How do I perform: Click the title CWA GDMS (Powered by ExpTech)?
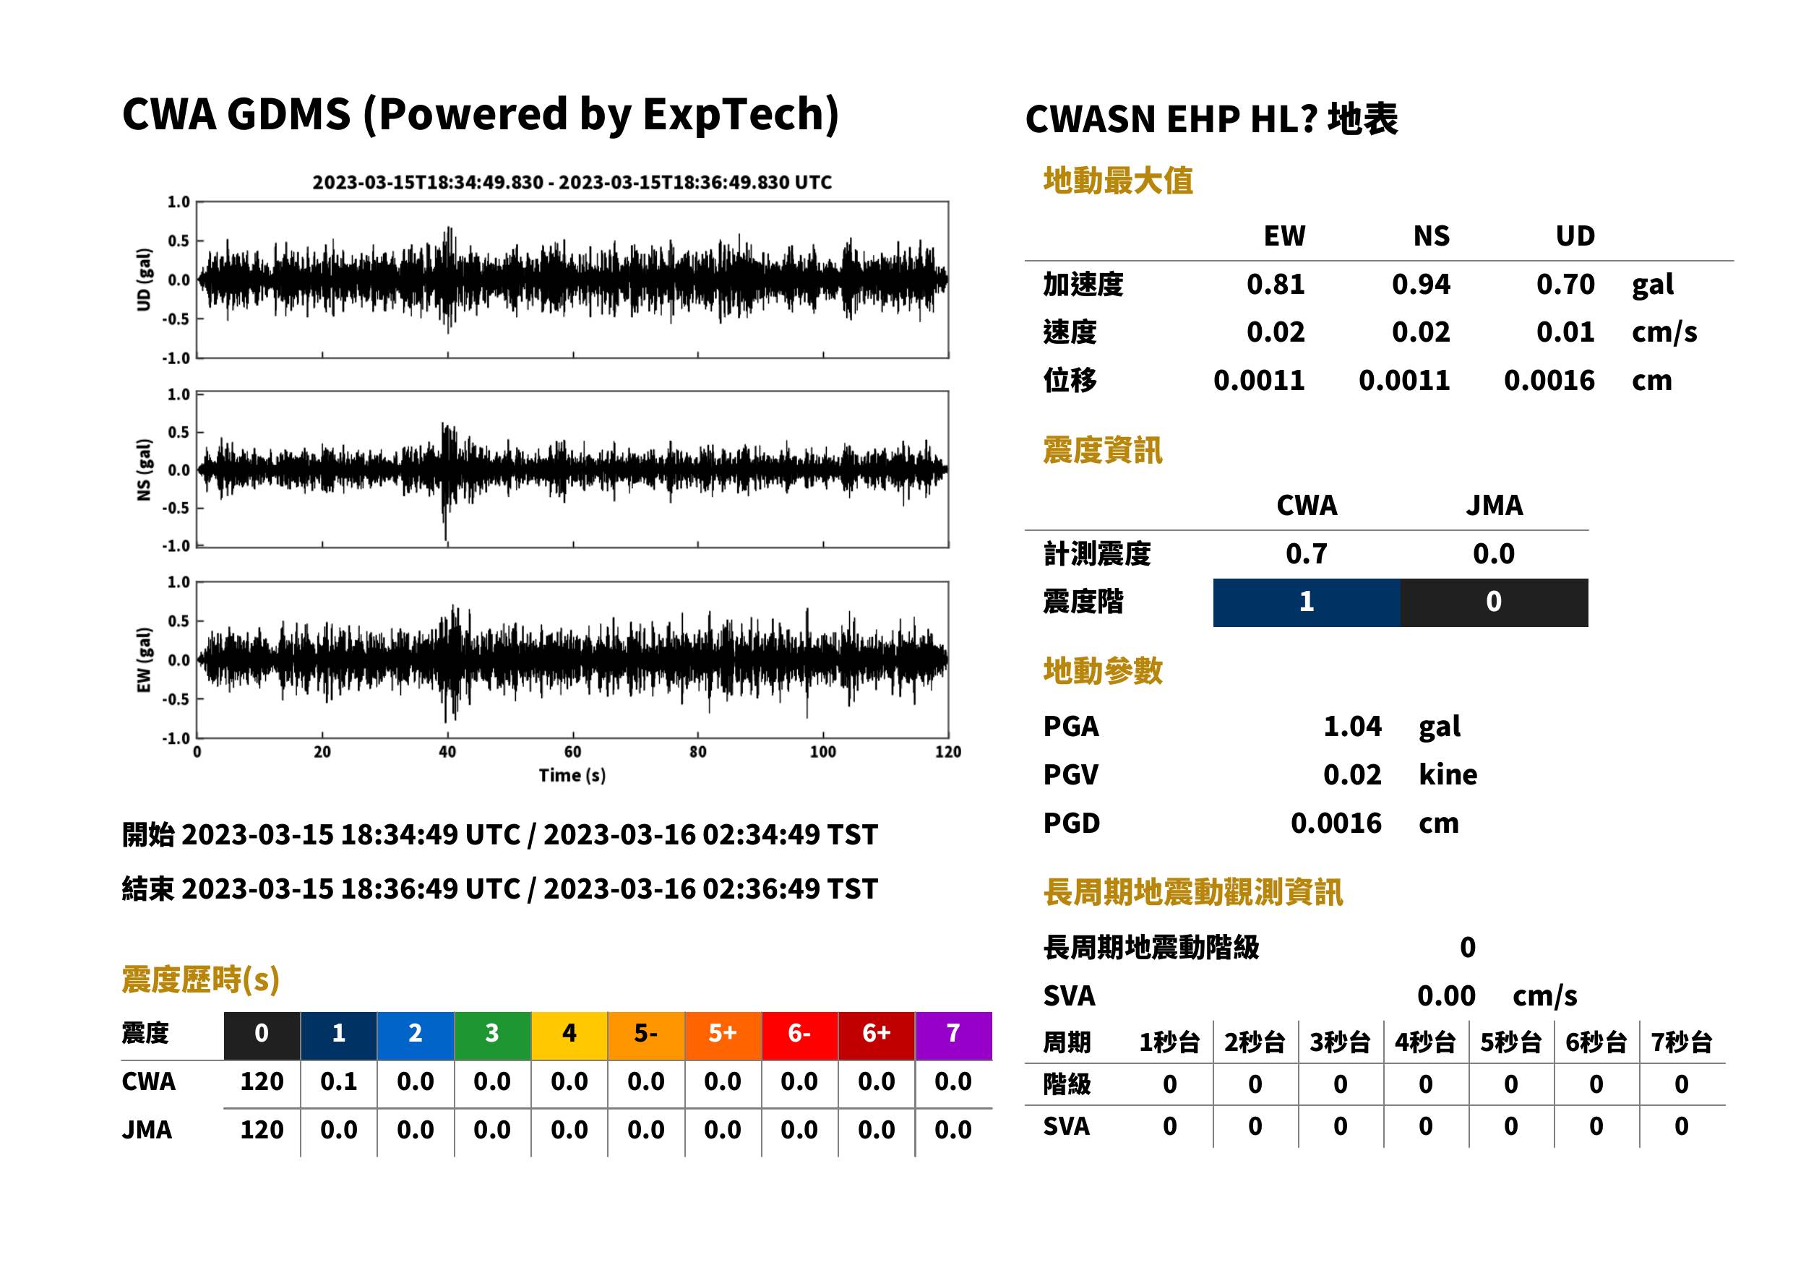point(480,115)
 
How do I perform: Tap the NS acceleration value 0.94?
point(1421,285)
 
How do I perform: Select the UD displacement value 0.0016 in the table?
point(1549,381)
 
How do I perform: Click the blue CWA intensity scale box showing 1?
point(1307,602)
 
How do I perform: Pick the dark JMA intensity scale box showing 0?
point(1495,602)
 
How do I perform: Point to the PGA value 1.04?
point(1352,726)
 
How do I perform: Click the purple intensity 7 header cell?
point(953,1035)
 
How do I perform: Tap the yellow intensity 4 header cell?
point(569,1035)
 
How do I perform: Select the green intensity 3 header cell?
point(493,1035)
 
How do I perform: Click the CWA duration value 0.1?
point(339,1082)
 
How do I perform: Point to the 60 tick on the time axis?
point(572,752)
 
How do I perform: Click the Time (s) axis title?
point(572,776)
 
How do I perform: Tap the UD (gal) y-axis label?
point(144,280)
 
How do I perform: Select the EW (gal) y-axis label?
point(144,660)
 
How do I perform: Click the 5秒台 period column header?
point(1510,1043)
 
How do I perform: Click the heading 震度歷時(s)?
point(201,980)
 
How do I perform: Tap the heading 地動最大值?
point(1118,181)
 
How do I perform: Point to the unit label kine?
point(1448,775)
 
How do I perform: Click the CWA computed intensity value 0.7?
point(1307,554)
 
